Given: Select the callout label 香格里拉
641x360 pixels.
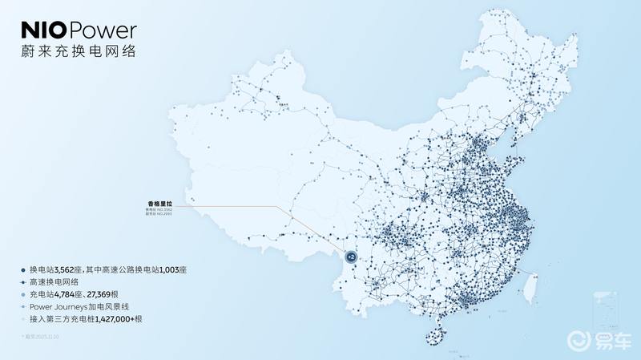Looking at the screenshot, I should (x=159, y=204).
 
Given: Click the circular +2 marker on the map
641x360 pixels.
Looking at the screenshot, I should (x=350, y=257).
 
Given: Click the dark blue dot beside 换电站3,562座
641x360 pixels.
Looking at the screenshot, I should (x=23, y=270).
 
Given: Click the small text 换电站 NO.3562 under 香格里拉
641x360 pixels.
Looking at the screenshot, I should (x=159, y=211).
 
